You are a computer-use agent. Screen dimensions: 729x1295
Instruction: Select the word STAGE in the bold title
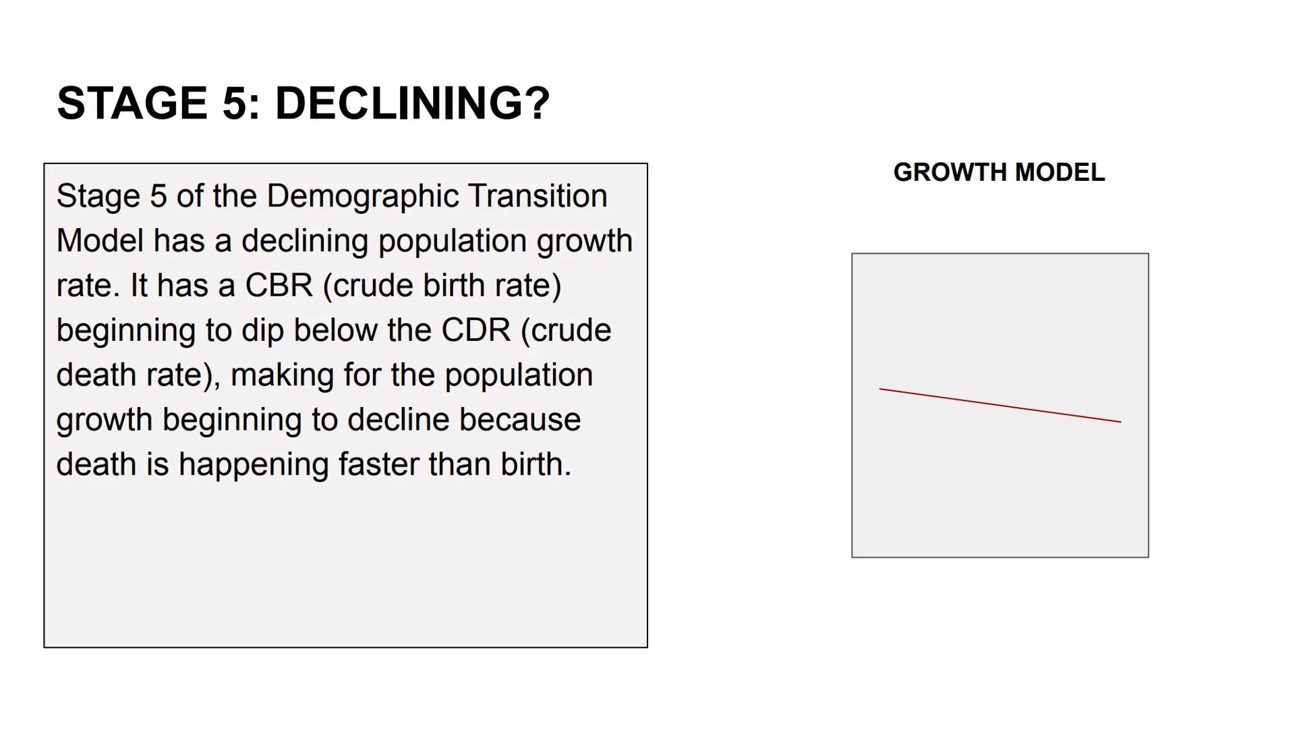tap(132, 104)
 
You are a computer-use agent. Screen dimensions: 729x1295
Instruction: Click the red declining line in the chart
tap(1000, 406)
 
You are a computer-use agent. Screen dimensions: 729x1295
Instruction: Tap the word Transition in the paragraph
tap(538, 196)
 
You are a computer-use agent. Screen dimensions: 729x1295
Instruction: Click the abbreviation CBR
tap(279, 286)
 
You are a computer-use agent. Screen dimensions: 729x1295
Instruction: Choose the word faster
tap(378, 465)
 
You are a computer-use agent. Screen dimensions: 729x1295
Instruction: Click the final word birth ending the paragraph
tap(534, 465)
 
